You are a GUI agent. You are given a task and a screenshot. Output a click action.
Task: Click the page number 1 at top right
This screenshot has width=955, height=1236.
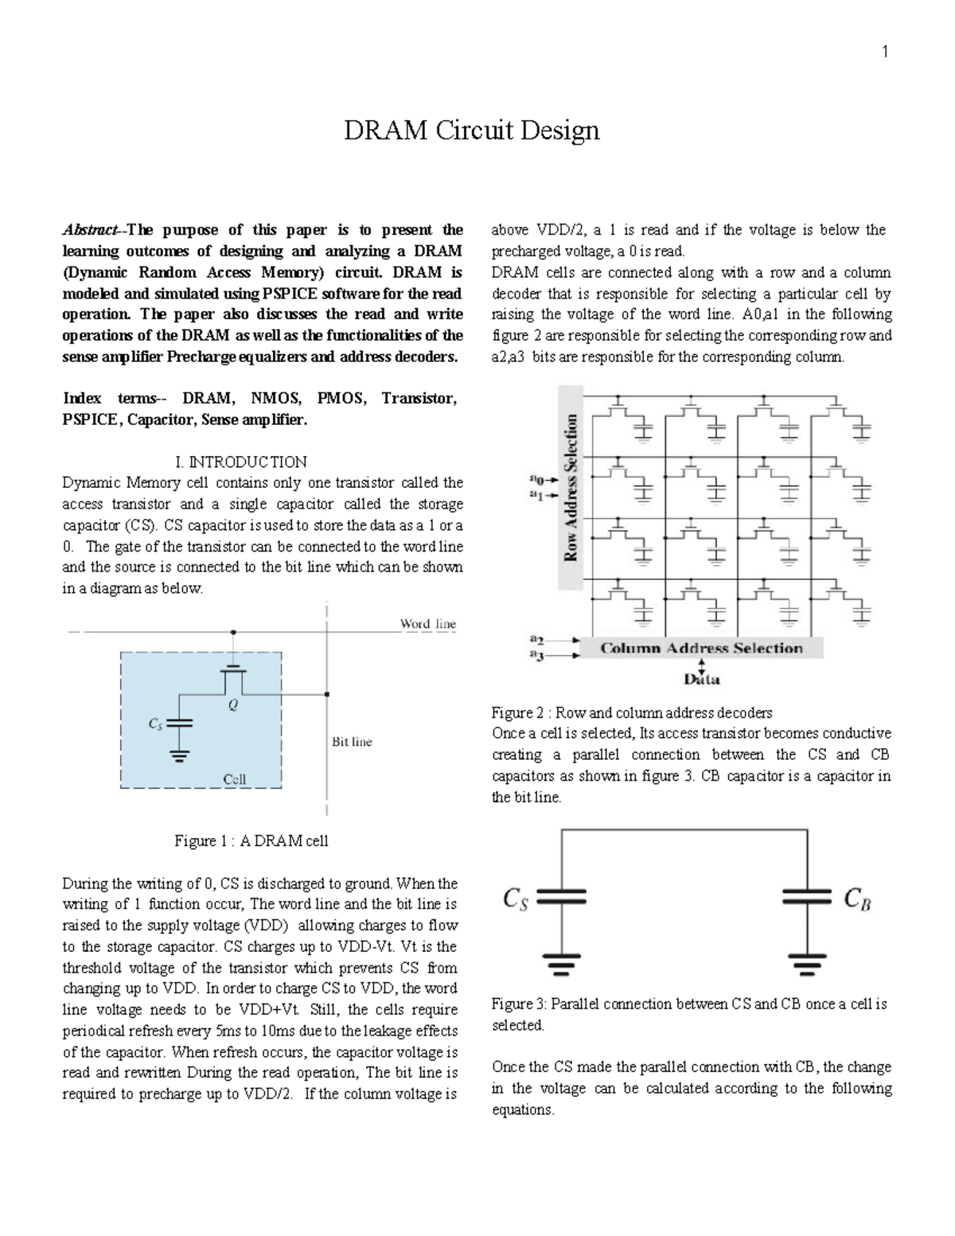884,53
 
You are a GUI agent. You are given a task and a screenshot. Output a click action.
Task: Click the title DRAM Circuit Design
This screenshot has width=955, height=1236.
471,131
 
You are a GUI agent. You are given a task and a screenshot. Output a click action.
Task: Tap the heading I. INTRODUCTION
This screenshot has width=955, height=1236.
240,462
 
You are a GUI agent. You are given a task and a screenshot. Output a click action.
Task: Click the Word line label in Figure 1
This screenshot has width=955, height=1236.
427,624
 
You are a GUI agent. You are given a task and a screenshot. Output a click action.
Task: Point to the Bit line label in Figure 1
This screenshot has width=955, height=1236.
351,742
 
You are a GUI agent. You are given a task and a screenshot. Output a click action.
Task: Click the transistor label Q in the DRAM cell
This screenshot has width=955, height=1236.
233,704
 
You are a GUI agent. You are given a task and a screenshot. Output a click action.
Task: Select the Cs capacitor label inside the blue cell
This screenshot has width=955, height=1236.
157,723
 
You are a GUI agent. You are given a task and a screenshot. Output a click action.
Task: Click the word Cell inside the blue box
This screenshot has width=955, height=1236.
234,779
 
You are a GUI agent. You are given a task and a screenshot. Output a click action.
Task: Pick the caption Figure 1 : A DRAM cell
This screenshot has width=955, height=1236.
251,841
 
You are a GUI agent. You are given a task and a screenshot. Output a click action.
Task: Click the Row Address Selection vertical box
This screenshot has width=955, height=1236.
571,488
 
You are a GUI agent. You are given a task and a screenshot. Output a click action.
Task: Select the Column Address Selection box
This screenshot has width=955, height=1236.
700,648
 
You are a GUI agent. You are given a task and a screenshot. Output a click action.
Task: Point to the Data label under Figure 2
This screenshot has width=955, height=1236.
701,680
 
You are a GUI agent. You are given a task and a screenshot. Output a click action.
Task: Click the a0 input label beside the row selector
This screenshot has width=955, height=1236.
537,479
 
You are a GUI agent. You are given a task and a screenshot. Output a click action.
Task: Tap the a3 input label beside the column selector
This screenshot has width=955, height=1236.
537,657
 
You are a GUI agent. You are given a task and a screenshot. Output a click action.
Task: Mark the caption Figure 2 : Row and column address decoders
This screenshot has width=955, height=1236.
632,712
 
